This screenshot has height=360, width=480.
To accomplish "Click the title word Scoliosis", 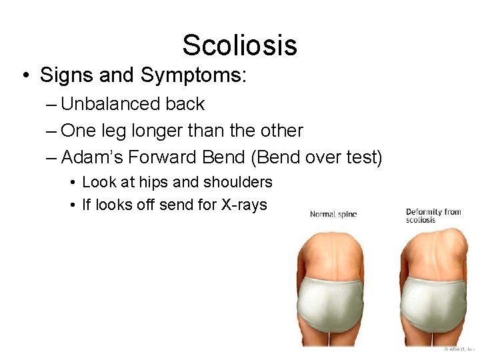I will [x=239, y=45].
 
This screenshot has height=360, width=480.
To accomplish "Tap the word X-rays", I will [x=243, y=205].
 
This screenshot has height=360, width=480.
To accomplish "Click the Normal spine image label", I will [x=333, y=215].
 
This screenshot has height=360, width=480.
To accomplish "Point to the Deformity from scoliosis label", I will [x=433, y=216].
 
